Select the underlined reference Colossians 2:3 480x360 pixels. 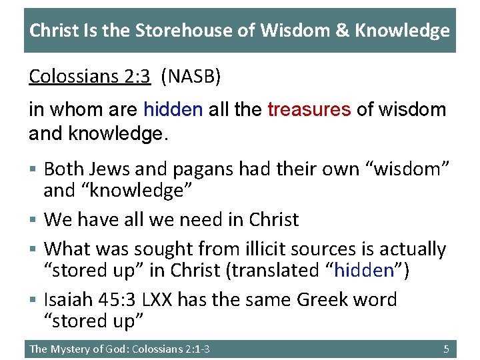point(89,77)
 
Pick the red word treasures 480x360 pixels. point(309,109)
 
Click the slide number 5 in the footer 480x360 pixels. point(446,349)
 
